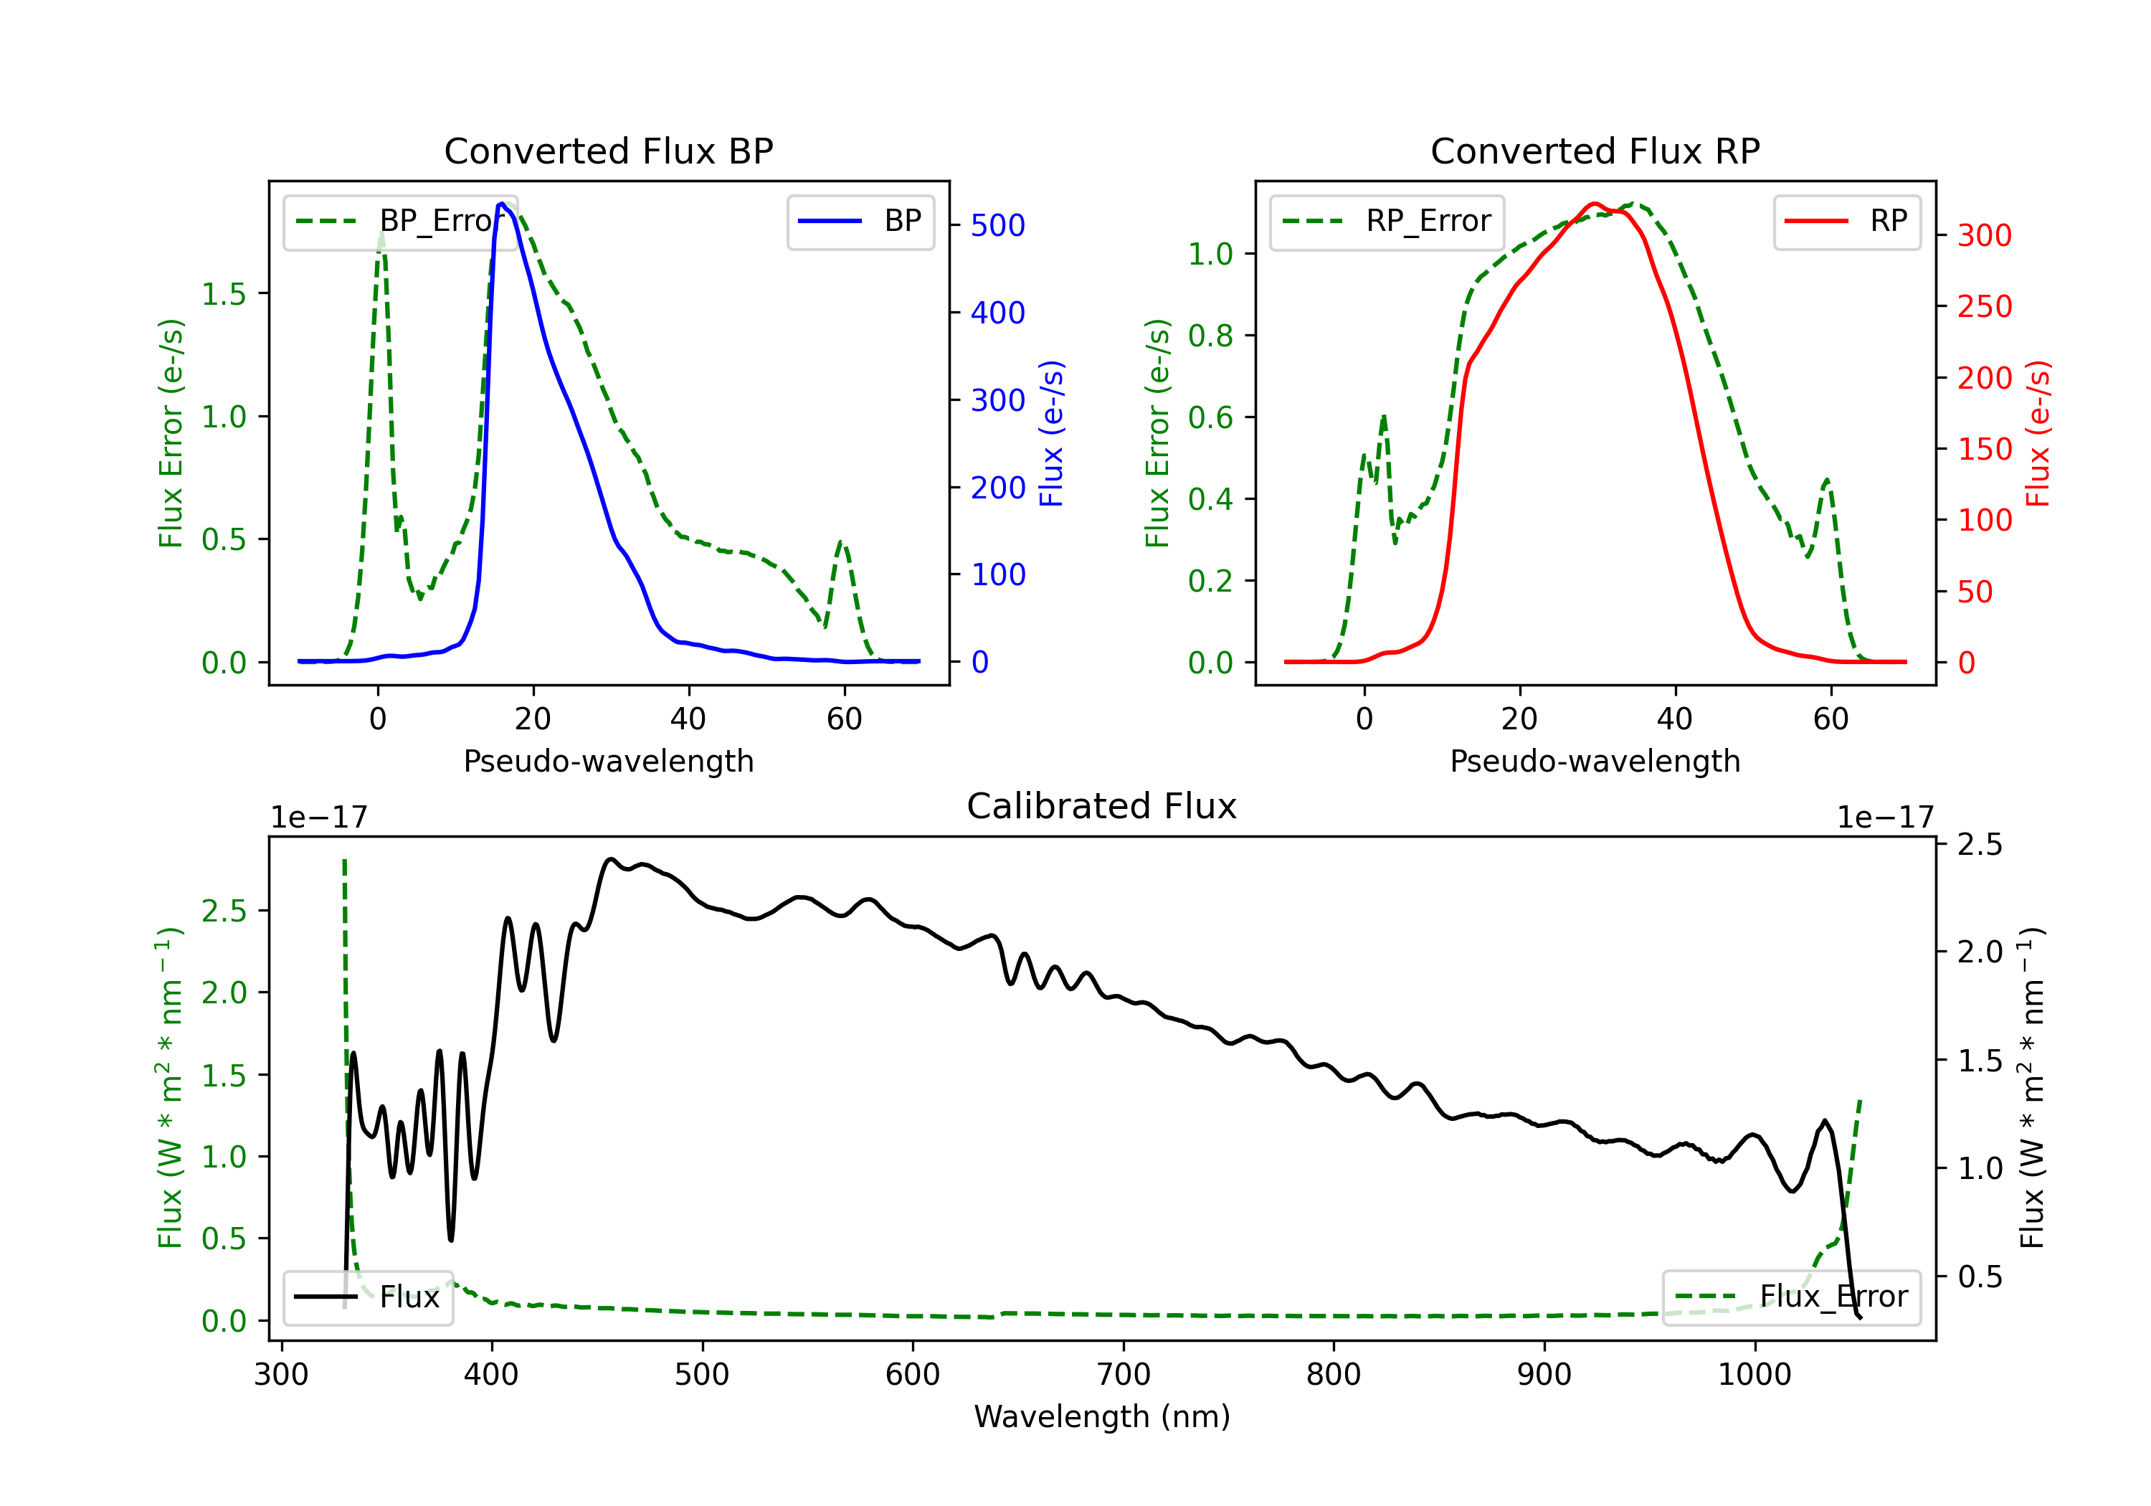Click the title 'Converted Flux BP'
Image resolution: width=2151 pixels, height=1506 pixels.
coord(608,151)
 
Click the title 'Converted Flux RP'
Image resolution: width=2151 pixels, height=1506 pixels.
coord(1595,151)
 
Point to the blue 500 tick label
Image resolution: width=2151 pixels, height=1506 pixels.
coord(998,225)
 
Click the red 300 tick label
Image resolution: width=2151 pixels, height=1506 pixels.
coord(1984,235)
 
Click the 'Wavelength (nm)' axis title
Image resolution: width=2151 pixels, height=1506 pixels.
coord(1102,1416)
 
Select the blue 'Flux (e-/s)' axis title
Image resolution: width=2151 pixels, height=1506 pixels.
coord(1052,433)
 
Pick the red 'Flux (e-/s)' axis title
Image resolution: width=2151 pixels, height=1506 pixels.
coord(2038,433)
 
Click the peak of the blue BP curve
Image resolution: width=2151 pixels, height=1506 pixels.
coord(502,204)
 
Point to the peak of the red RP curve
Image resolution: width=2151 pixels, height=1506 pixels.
coord(1594,204)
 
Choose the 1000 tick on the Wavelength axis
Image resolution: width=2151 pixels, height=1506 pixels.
coord(1754,1374)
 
